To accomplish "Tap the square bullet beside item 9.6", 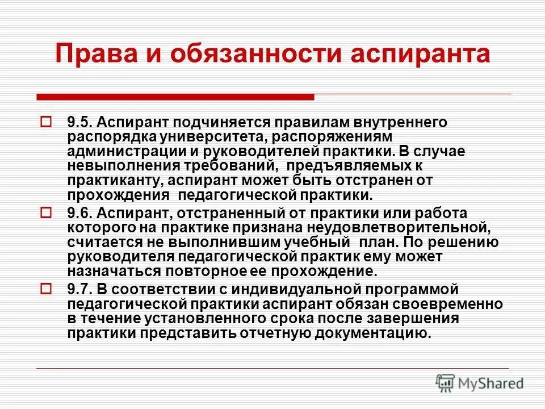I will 47,213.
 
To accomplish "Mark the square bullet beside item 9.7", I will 47,289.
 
